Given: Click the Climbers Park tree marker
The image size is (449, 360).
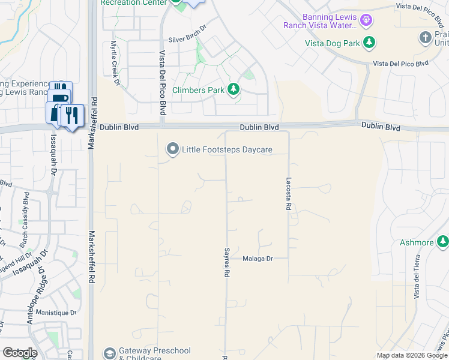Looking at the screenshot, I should [x=234, y=90].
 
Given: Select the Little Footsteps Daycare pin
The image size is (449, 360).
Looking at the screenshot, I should [x=173, y=149].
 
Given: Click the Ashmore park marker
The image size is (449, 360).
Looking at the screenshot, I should [x=443, y=242].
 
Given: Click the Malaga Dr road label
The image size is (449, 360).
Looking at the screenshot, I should [x=258, y=259].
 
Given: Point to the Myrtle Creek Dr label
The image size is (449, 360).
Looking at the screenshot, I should [x=114, y=62].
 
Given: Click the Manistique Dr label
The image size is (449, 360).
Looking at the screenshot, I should [x=56, y=313].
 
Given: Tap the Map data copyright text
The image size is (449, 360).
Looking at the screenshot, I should [x=412, y=355].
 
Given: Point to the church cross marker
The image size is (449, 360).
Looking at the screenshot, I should [x=426, y=38].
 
